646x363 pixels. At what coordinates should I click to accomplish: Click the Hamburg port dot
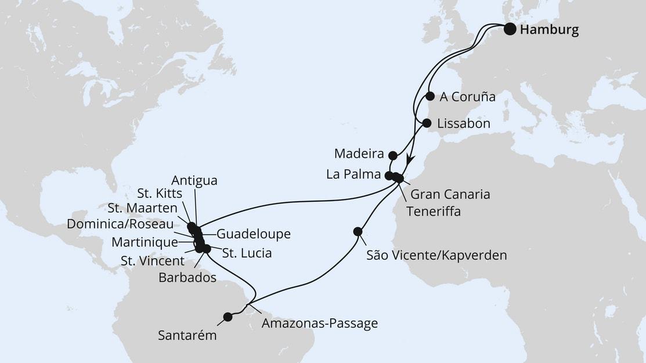[x=510, y=29]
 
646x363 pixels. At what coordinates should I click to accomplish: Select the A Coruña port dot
[x=430, y=96]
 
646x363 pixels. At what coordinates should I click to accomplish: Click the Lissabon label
[x=464, y=124]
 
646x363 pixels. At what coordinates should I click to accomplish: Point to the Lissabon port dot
[x=427, y=123]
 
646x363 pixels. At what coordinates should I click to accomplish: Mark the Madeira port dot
[x=393, y=155]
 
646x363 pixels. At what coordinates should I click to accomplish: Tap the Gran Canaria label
[x=450, y=194]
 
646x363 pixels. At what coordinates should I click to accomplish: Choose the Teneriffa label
[x=434, y=212]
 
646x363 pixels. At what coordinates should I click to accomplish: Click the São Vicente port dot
[x=358, y=231]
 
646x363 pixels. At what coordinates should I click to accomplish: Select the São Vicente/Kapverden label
[x=436, y=255]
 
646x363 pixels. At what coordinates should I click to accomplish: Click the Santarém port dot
[x=228, y=317]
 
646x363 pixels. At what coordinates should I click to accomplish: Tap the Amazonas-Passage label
[x=319, y=324]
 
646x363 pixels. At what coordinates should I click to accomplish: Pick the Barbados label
[x=187, y=278]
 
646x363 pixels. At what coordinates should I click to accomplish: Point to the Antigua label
[x=194, y=181]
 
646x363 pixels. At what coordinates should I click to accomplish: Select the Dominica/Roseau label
[x=120, y=224]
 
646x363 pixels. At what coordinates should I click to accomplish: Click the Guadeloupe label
[x=253, y=234]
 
